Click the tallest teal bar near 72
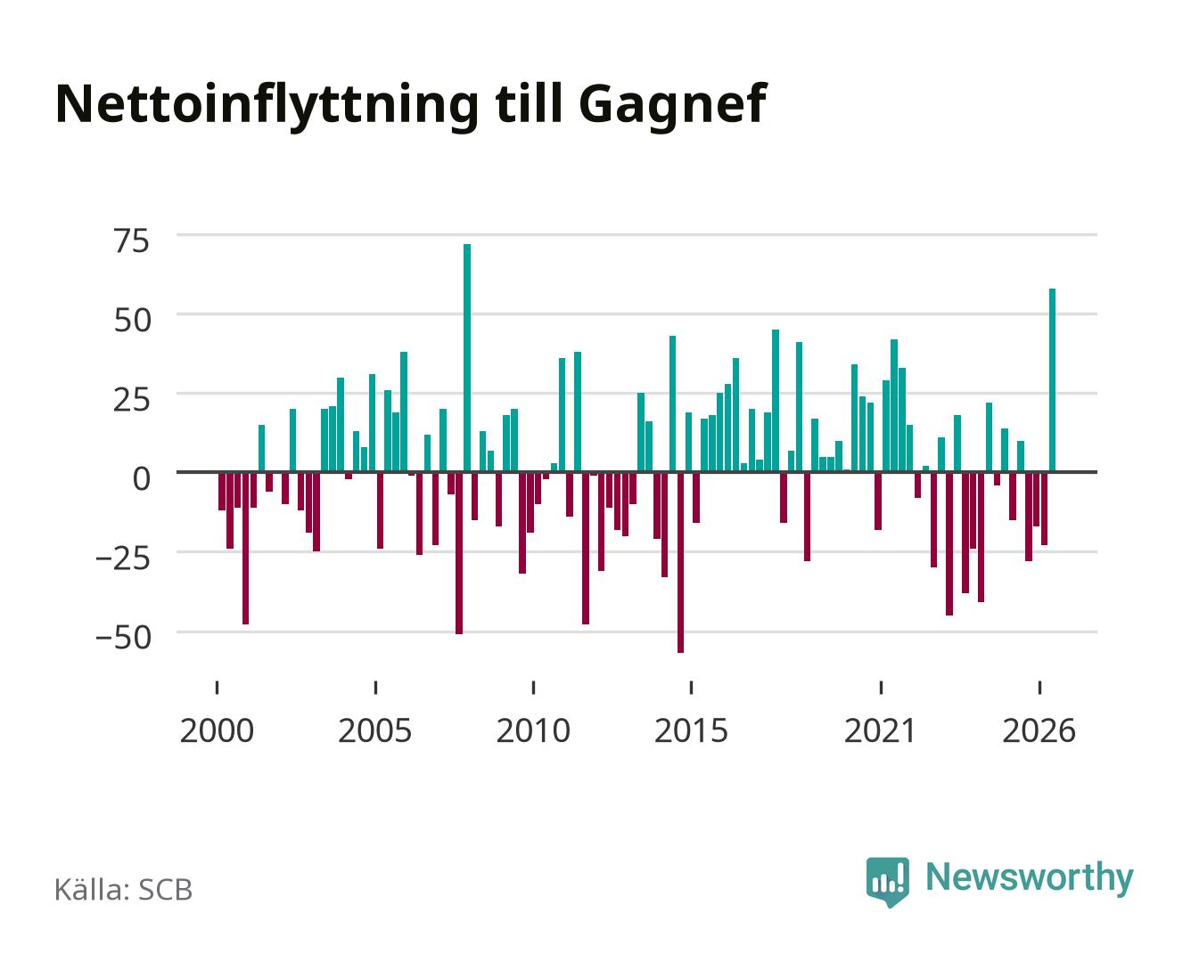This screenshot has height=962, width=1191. (467, 358)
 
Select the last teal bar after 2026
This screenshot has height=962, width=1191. (1052, 380)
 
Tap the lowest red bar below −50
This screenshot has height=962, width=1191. (680, 563)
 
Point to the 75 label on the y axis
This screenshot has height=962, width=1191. (132, 241)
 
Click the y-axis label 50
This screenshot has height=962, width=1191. (132, 321)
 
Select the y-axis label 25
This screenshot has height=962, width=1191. (132, 400)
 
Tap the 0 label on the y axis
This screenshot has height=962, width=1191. (142, 478)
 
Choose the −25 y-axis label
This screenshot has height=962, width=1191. (123, 558)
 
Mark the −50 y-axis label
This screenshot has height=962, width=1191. (123, 638)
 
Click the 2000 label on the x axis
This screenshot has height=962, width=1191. (217, 730)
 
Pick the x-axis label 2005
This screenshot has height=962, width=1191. (375, 730)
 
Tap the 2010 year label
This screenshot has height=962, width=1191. (533, 730)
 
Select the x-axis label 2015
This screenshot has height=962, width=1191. (692, 730)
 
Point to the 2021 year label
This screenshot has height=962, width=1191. (881, 730)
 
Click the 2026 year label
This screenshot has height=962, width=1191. (1039, 730)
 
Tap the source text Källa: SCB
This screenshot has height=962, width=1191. (124, 889)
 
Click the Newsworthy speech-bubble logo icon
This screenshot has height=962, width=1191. (887, 882)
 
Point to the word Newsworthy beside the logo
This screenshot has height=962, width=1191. (1030, 878)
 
